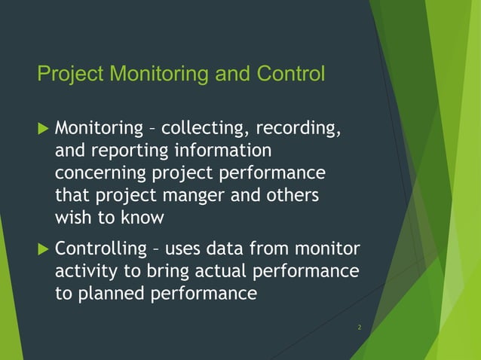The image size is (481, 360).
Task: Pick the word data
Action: [x=225, y=249]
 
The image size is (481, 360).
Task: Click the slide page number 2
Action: [x=360, y=328]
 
